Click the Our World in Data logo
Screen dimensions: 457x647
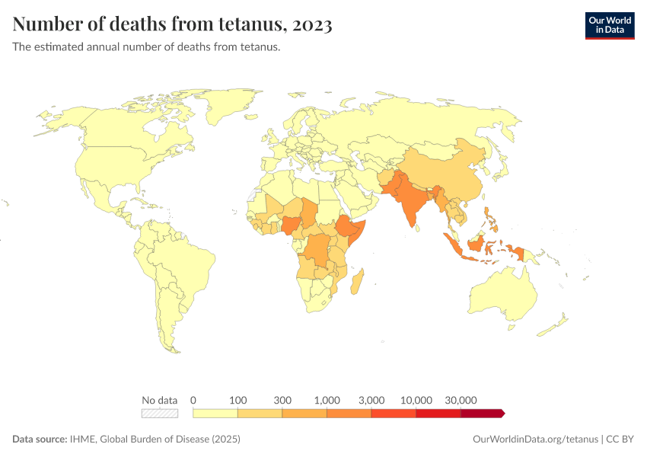(x=609, y=25)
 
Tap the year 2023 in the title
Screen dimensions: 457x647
(x=311, y=24)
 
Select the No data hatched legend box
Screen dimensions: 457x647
(x=160, y=414)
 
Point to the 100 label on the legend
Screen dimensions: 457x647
(x=238, y=400)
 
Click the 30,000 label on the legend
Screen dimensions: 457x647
(x=461, y=400)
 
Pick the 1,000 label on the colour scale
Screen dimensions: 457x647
(x=327, y=400)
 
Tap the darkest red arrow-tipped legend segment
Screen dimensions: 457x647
(x=482, y=414)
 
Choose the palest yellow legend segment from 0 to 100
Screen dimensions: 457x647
(x=215, y=414)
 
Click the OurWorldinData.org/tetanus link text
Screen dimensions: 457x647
(x=536, y=439)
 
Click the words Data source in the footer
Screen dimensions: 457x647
(x=40, y=439)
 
